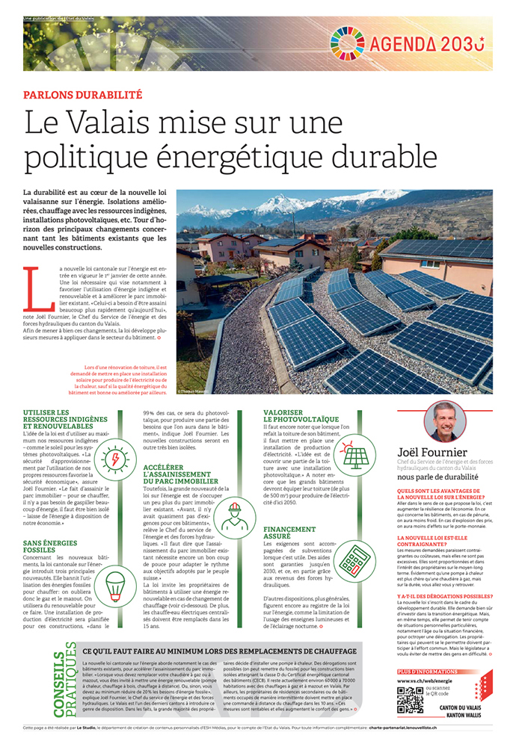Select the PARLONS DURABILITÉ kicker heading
[83, 95]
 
